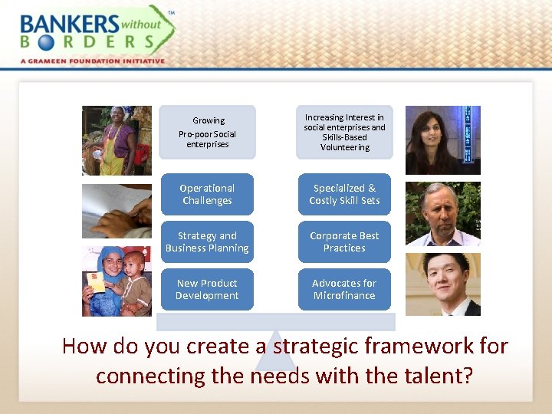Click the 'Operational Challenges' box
[x=207, y=194]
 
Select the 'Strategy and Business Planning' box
[x=207, y=242]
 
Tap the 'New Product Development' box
[x=207, y=289]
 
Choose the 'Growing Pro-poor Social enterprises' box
[x=207, y=132]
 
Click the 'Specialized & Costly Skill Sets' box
[x=344, y=194]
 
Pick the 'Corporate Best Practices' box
[x=344, y=242]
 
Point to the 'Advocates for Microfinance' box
[x=344, y=289]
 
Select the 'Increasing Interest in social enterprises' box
[x=344, y=132]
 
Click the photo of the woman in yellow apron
[x=117, y=140]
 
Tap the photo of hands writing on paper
[x=117, y=211]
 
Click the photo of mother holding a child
[x=117, y=281]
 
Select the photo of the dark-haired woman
[x=442, y=140]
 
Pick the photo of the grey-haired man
[x=442, y=214]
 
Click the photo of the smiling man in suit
[x=442, y=284]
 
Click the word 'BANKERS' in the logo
[x=70, y=24]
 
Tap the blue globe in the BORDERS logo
[x=44, y=43]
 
